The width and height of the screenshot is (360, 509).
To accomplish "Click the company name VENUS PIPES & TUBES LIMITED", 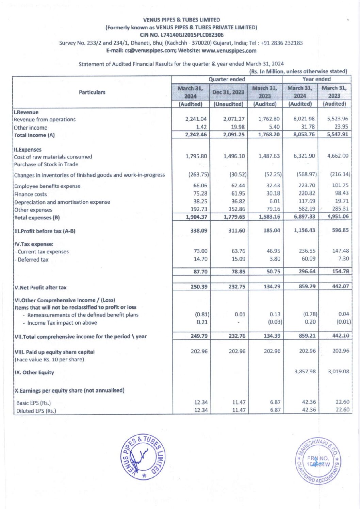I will click(x=181, y=20).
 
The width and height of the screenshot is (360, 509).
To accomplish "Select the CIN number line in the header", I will click(x=181, y=35).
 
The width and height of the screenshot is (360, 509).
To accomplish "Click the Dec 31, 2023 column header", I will click(x=228, y=92).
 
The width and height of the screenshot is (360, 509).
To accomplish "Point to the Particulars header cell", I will click(x=92, y=92).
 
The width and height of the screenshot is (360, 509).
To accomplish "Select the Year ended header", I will click(x=316, y=79).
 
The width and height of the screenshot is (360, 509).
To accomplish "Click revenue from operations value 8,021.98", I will click(x=304, y=119).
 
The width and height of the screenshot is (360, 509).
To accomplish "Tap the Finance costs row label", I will click(x=30, y=194).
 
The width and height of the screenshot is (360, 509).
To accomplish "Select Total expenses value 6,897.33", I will click(x=304, y=217).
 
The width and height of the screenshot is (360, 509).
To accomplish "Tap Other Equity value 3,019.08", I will click(x=338, y=371).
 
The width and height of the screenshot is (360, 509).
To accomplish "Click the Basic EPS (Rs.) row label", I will click(x=33, y=403).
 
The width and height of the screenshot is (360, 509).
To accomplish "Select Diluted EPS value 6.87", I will click(x=275, y=410).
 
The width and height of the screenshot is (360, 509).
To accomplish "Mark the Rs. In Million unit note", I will click(x=298, y=71).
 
